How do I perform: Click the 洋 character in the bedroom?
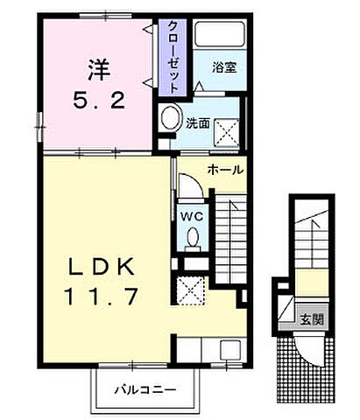[x=95, y=67]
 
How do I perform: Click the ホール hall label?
[x=225, y=169]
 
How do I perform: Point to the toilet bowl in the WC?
[x=193, y=236]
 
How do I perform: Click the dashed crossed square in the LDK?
[x=188, y=289]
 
